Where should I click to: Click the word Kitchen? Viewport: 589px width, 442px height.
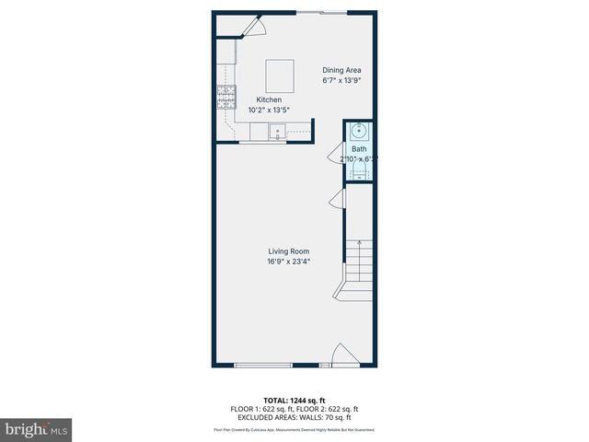(269, 99)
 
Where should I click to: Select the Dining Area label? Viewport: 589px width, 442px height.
(341, 70)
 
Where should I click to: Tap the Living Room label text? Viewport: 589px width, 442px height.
(288, 251)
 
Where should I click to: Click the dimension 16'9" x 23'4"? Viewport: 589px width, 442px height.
(288, 262)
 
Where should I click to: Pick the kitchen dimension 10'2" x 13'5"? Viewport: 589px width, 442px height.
(269, 110)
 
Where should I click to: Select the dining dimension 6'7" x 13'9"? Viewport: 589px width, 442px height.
(341, 80)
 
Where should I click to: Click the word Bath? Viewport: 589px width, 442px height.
(358, 148)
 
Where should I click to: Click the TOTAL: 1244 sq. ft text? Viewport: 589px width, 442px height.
(294, 401)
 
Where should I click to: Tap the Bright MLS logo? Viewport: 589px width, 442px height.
(37, 429)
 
